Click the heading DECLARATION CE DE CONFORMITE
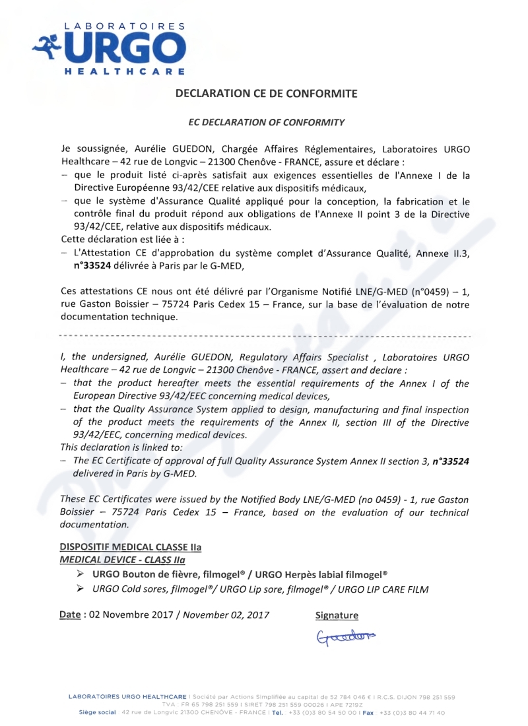266,94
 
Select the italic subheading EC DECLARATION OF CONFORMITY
266,122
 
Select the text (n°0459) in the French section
414,291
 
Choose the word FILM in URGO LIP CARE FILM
416,589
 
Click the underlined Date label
70,615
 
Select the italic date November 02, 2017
226,615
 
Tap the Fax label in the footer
368,713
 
